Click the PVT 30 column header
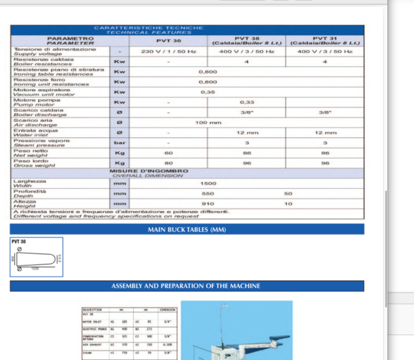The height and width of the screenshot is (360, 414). click(168, 41)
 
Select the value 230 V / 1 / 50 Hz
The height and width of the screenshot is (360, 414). click(168, 52)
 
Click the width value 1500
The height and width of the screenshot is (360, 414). click(207, 184)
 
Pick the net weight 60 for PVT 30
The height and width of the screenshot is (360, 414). click(168, 152)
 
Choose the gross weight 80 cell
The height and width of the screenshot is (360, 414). click(168, 163)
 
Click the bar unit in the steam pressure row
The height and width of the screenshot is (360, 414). click(119, 143)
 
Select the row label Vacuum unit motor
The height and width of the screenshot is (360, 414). click(41, 94)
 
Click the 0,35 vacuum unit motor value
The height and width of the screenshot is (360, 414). click(207, 91)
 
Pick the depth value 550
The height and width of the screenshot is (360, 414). click(207, 194)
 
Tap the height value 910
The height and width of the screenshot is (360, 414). click(207, 204)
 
